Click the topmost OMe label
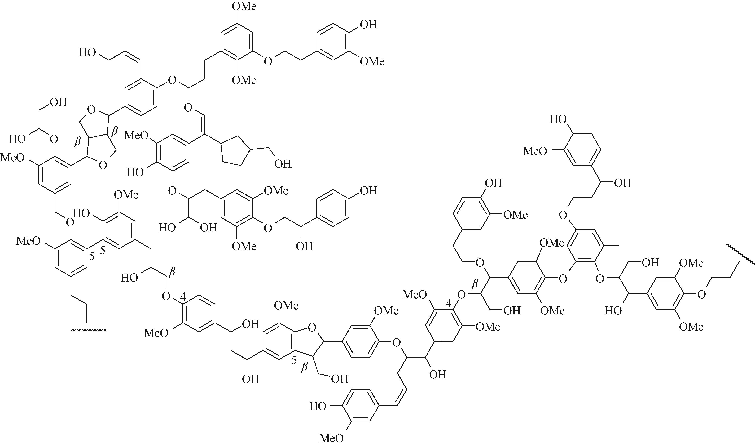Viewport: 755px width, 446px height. pyautogui.click(x=245, y=6)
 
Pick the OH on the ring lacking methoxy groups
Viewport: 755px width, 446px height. pyautogui.click(x=368, y=190)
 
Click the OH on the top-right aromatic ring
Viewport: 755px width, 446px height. pyautogui.click(x=368, y=24)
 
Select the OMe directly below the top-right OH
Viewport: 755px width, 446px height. pyautogui.click(x=372, y=62)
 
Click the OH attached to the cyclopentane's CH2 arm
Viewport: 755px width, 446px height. pyautogui.click(x=283, y=164)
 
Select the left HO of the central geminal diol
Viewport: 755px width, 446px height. pyautogui.click(x=167, y=228)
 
